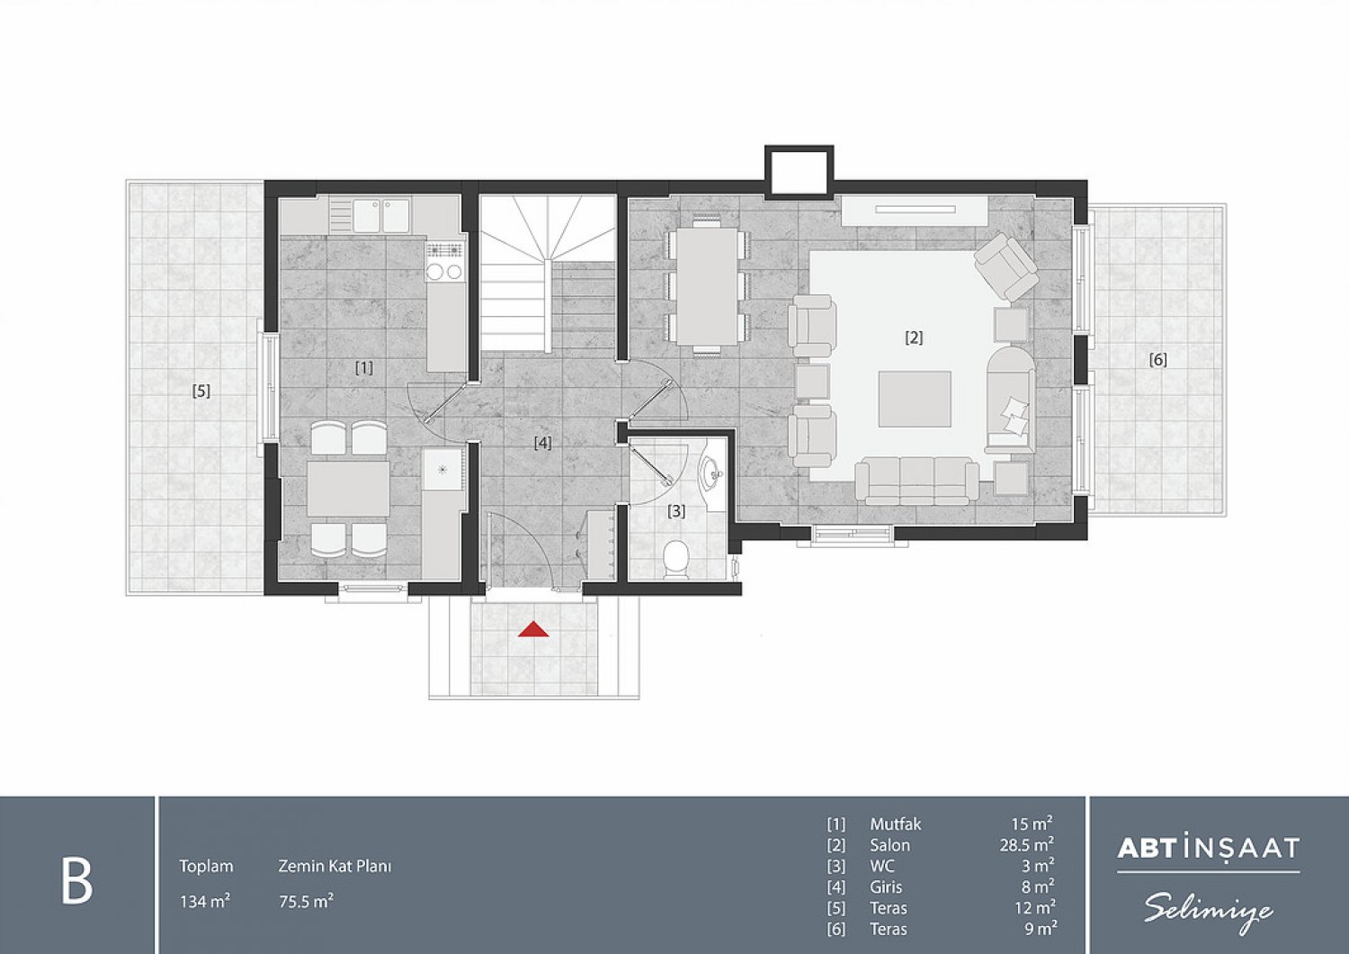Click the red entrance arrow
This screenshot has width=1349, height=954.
(534, 630)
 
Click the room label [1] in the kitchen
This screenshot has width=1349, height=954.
(364, 367)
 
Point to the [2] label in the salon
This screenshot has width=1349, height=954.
(914, 337)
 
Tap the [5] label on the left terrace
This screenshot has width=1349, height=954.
(201, 391)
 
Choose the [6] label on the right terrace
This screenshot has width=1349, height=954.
(1158, 360)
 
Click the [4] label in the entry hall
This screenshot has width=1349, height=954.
(542, 443)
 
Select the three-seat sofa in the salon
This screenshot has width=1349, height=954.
(917, 481)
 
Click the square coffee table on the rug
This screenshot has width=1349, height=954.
(915, 399)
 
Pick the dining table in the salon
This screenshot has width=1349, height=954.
(708, 286)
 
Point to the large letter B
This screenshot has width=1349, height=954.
(77, 880)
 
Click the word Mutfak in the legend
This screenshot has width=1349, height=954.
(896, 823)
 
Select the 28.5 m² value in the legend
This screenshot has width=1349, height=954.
(1027, 845)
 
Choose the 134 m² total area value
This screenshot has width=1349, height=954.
(205, 902)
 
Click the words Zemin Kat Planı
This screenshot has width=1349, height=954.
(335, 867)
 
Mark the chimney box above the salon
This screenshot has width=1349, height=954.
(800, 172)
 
